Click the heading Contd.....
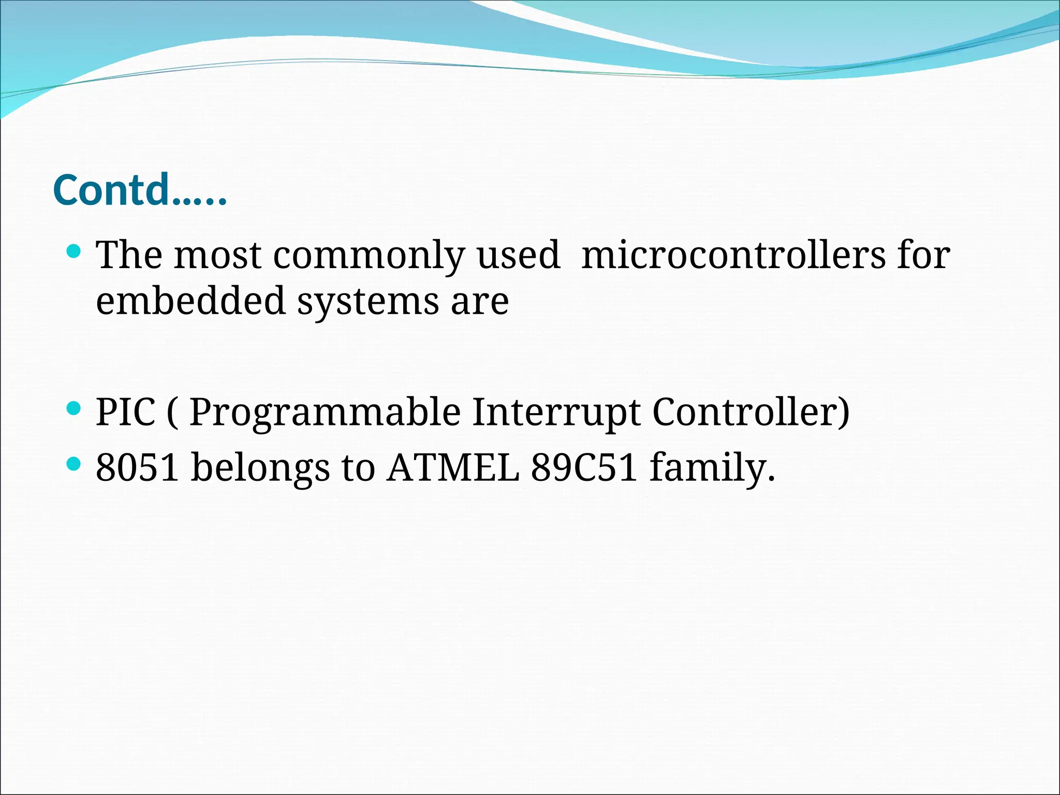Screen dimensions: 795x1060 (x=140, y=190)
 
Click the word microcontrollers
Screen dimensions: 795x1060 (x=733, y=255)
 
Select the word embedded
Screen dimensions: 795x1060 (x=190, y=301)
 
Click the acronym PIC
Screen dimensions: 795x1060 (x=126, y=412)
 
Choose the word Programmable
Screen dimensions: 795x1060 (x=325, y=413)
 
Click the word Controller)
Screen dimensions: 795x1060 (x=750, y=412)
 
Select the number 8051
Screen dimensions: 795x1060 (x=138, y=467)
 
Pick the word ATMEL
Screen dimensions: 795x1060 (x=453, y=467)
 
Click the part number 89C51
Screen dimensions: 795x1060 (x=584, y=467)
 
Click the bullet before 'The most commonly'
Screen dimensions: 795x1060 (x=74, y=252)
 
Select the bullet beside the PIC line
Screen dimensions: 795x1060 (x=74, y=409)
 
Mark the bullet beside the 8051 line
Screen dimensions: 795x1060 (x=74, y=464)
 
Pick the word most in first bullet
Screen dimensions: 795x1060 (x=217, y=256)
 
